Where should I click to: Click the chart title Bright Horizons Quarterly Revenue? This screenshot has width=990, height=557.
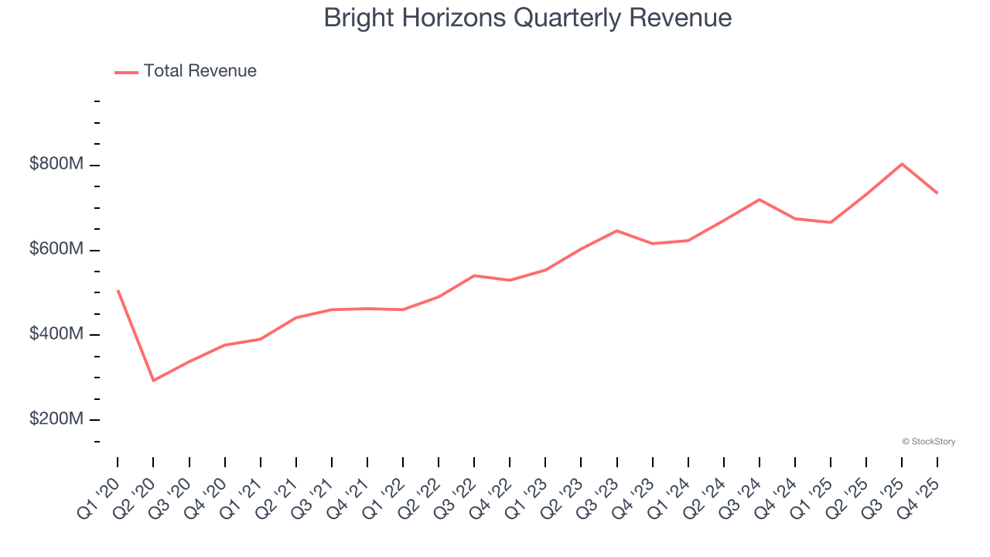click(527, 18)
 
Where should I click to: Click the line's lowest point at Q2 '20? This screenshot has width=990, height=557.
click(153, 381)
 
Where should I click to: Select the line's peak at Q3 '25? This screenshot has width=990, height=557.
click(902, 164)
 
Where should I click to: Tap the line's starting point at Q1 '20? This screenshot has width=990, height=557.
click(118, 291)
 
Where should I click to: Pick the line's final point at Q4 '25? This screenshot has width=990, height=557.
click(937, 193)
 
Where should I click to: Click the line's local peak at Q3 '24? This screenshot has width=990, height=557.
click(760, 200)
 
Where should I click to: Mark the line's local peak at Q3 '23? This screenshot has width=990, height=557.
click(616, 231)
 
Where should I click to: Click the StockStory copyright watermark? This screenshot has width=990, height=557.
click(928, 442)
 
